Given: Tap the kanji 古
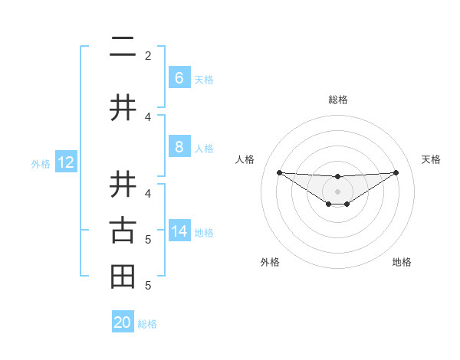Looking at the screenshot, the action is click(123, 231).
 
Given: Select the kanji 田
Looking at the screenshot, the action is click(123, 277).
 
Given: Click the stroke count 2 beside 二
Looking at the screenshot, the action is click(148, 55).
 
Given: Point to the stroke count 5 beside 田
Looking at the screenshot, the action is click(148, 286).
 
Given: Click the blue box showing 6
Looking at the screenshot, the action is click(179, 78).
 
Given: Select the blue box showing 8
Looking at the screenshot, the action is click(179, 148).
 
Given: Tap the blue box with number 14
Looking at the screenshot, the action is click(179, 231).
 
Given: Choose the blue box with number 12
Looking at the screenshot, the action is click(66, 162).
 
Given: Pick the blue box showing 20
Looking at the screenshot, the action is click(123, 322).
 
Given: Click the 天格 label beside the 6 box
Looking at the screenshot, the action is click(204, 79).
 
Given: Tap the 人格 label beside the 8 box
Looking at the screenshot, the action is click(204, 149).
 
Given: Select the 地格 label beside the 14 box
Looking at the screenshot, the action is click(205, 232).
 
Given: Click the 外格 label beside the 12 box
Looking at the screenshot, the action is click(41, 163).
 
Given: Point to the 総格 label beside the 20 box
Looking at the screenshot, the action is click(147, 324).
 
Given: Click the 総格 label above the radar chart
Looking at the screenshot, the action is click(337, 100).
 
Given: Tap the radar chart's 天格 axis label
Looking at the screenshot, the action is click(432, 159).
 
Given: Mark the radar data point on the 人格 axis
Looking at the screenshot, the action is click(279, 172).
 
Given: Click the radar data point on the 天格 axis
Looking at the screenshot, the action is click(396, 172).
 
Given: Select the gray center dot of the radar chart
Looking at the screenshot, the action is click(337, 191).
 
